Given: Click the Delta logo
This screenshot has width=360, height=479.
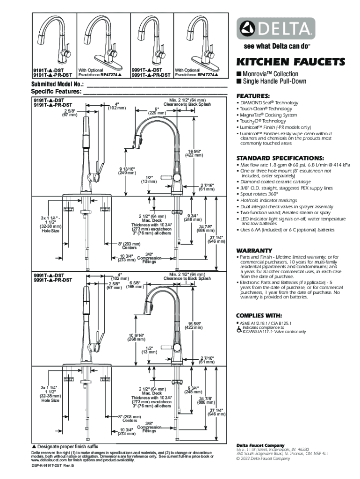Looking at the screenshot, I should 275,29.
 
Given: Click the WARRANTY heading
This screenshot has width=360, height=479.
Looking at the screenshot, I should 254,250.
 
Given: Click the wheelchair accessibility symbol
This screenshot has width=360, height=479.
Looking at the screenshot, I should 239,329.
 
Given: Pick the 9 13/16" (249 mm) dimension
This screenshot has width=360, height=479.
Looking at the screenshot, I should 127,170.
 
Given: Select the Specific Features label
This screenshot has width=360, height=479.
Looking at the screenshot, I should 56,92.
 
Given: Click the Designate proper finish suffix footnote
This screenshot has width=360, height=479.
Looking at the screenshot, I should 65,447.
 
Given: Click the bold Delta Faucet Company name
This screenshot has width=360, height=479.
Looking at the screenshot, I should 260,445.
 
